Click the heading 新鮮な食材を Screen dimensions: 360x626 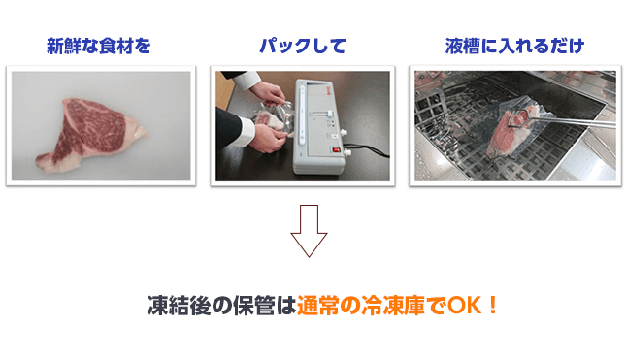tap(100, 46)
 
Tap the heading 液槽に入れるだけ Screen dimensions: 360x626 tap(514, 46)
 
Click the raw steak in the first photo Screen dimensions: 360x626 tap(88, 131)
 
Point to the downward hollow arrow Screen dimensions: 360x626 tap(310, 231)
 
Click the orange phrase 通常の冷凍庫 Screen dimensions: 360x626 tap(355, 305)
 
